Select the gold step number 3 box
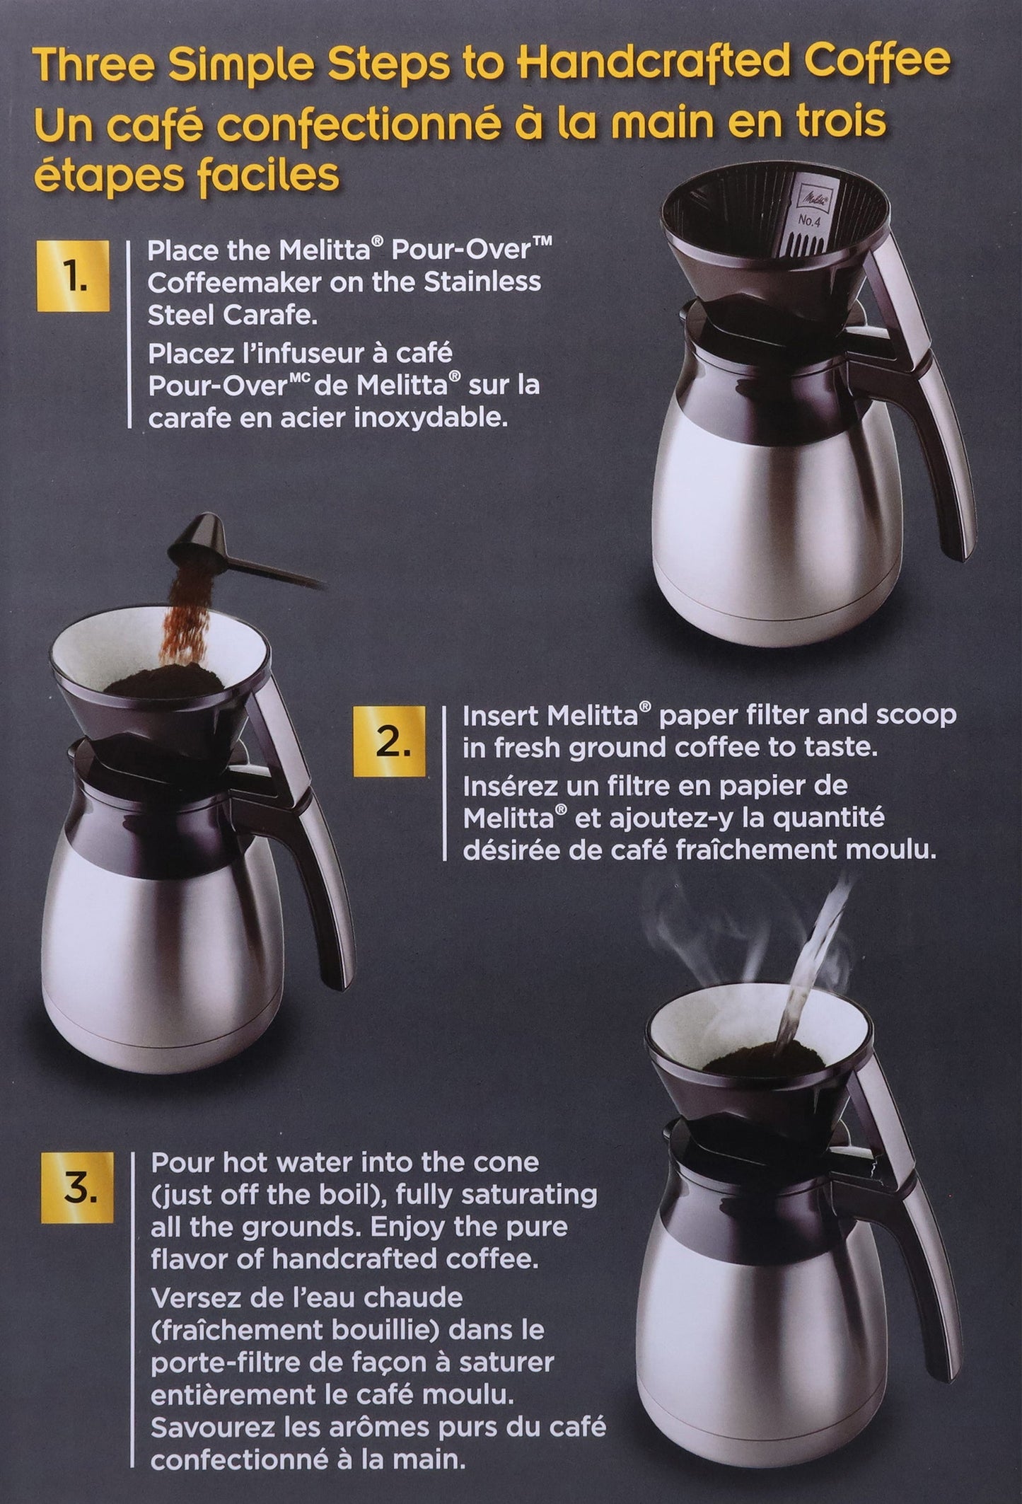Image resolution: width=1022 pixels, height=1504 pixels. coord(77,1191)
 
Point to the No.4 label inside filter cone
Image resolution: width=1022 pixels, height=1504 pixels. coord(808,221)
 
